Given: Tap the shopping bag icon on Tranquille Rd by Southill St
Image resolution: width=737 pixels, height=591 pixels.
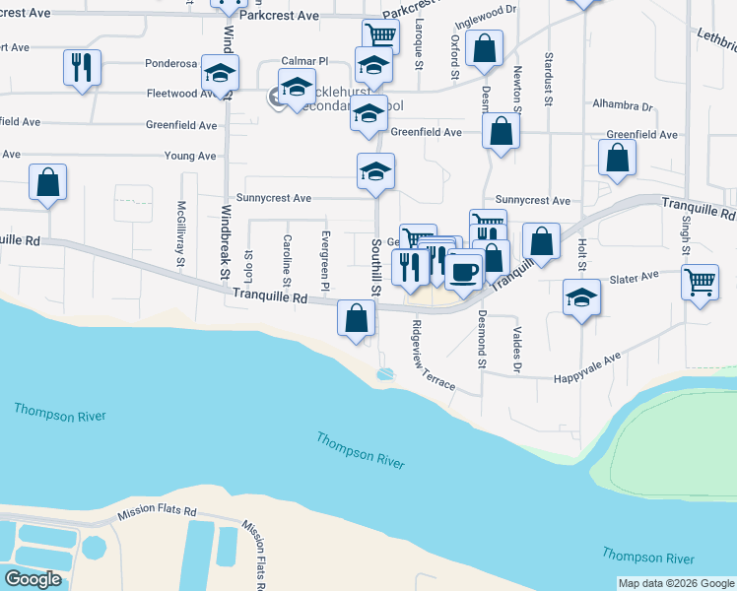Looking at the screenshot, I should [x=356, y=317].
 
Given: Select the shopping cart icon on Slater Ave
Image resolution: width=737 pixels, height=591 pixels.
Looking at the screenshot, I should [x=700, y=282].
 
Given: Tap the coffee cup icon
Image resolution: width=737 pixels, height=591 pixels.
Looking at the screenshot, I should [x=463, y=269].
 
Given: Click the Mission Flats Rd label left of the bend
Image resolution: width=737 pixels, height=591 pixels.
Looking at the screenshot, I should [x=158, y=513].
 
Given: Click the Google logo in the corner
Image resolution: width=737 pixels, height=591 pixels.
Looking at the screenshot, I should [x=33, y=579].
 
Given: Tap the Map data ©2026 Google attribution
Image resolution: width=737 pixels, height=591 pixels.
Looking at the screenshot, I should [x=675, y=583].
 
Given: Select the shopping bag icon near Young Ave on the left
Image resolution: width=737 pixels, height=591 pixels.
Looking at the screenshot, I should [x=47, y=182].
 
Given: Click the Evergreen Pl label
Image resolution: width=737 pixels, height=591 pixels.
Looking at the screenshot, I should [x=324, y=252].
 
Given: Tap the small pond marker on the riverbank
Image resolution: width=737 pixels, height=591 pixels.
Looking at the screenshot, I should [x=384, y=374].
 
